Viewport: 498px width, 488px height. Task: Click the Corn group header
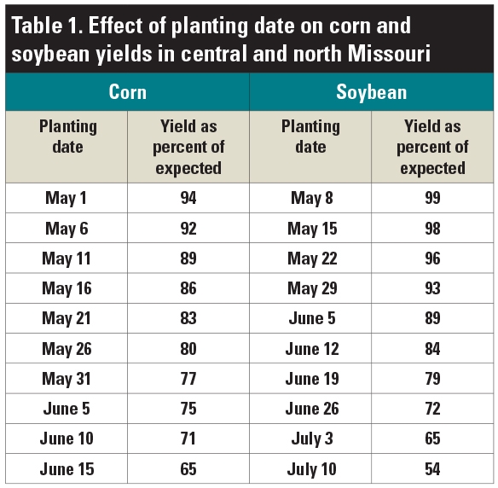point(127,91)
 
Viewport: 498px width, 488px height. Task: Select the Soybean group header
point(371,91)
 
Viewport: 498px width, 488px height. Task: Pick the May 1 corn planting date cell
point(67,198)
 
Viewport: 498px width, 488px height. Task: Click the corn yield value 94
point(188,198)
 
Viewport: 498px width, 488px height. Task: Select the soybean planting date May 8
point(310,198)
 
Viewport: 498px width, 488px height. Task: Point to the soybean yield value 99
point(432,198)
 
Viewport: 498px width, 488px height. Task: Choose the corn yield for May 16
point(188,288)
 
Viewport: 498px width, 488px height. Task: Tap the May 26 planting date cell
point(67,348)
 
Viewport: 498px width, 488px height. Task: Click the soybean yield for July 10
point(432,468)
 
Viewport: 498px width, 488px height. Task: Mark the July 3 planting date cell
point(310,439)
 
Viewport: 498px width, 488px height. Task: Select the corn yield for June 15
point(188,468)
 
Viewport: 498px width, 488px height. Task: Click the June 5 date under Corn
point(67,409)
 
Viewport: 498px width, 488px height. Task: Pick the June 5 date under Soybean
point(310,318)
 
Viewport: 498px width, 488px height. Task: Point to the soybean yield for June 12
point(432,348)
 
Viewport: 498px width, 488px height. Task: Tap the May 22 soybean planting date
point(310,259)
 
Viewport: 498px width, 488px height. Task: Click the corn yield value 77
point(188,378)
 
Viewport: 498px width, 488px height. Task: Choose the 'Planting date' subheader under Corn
point(67,137)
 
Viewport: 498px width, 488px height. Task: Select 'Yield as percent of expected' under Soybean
point(432,147)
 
